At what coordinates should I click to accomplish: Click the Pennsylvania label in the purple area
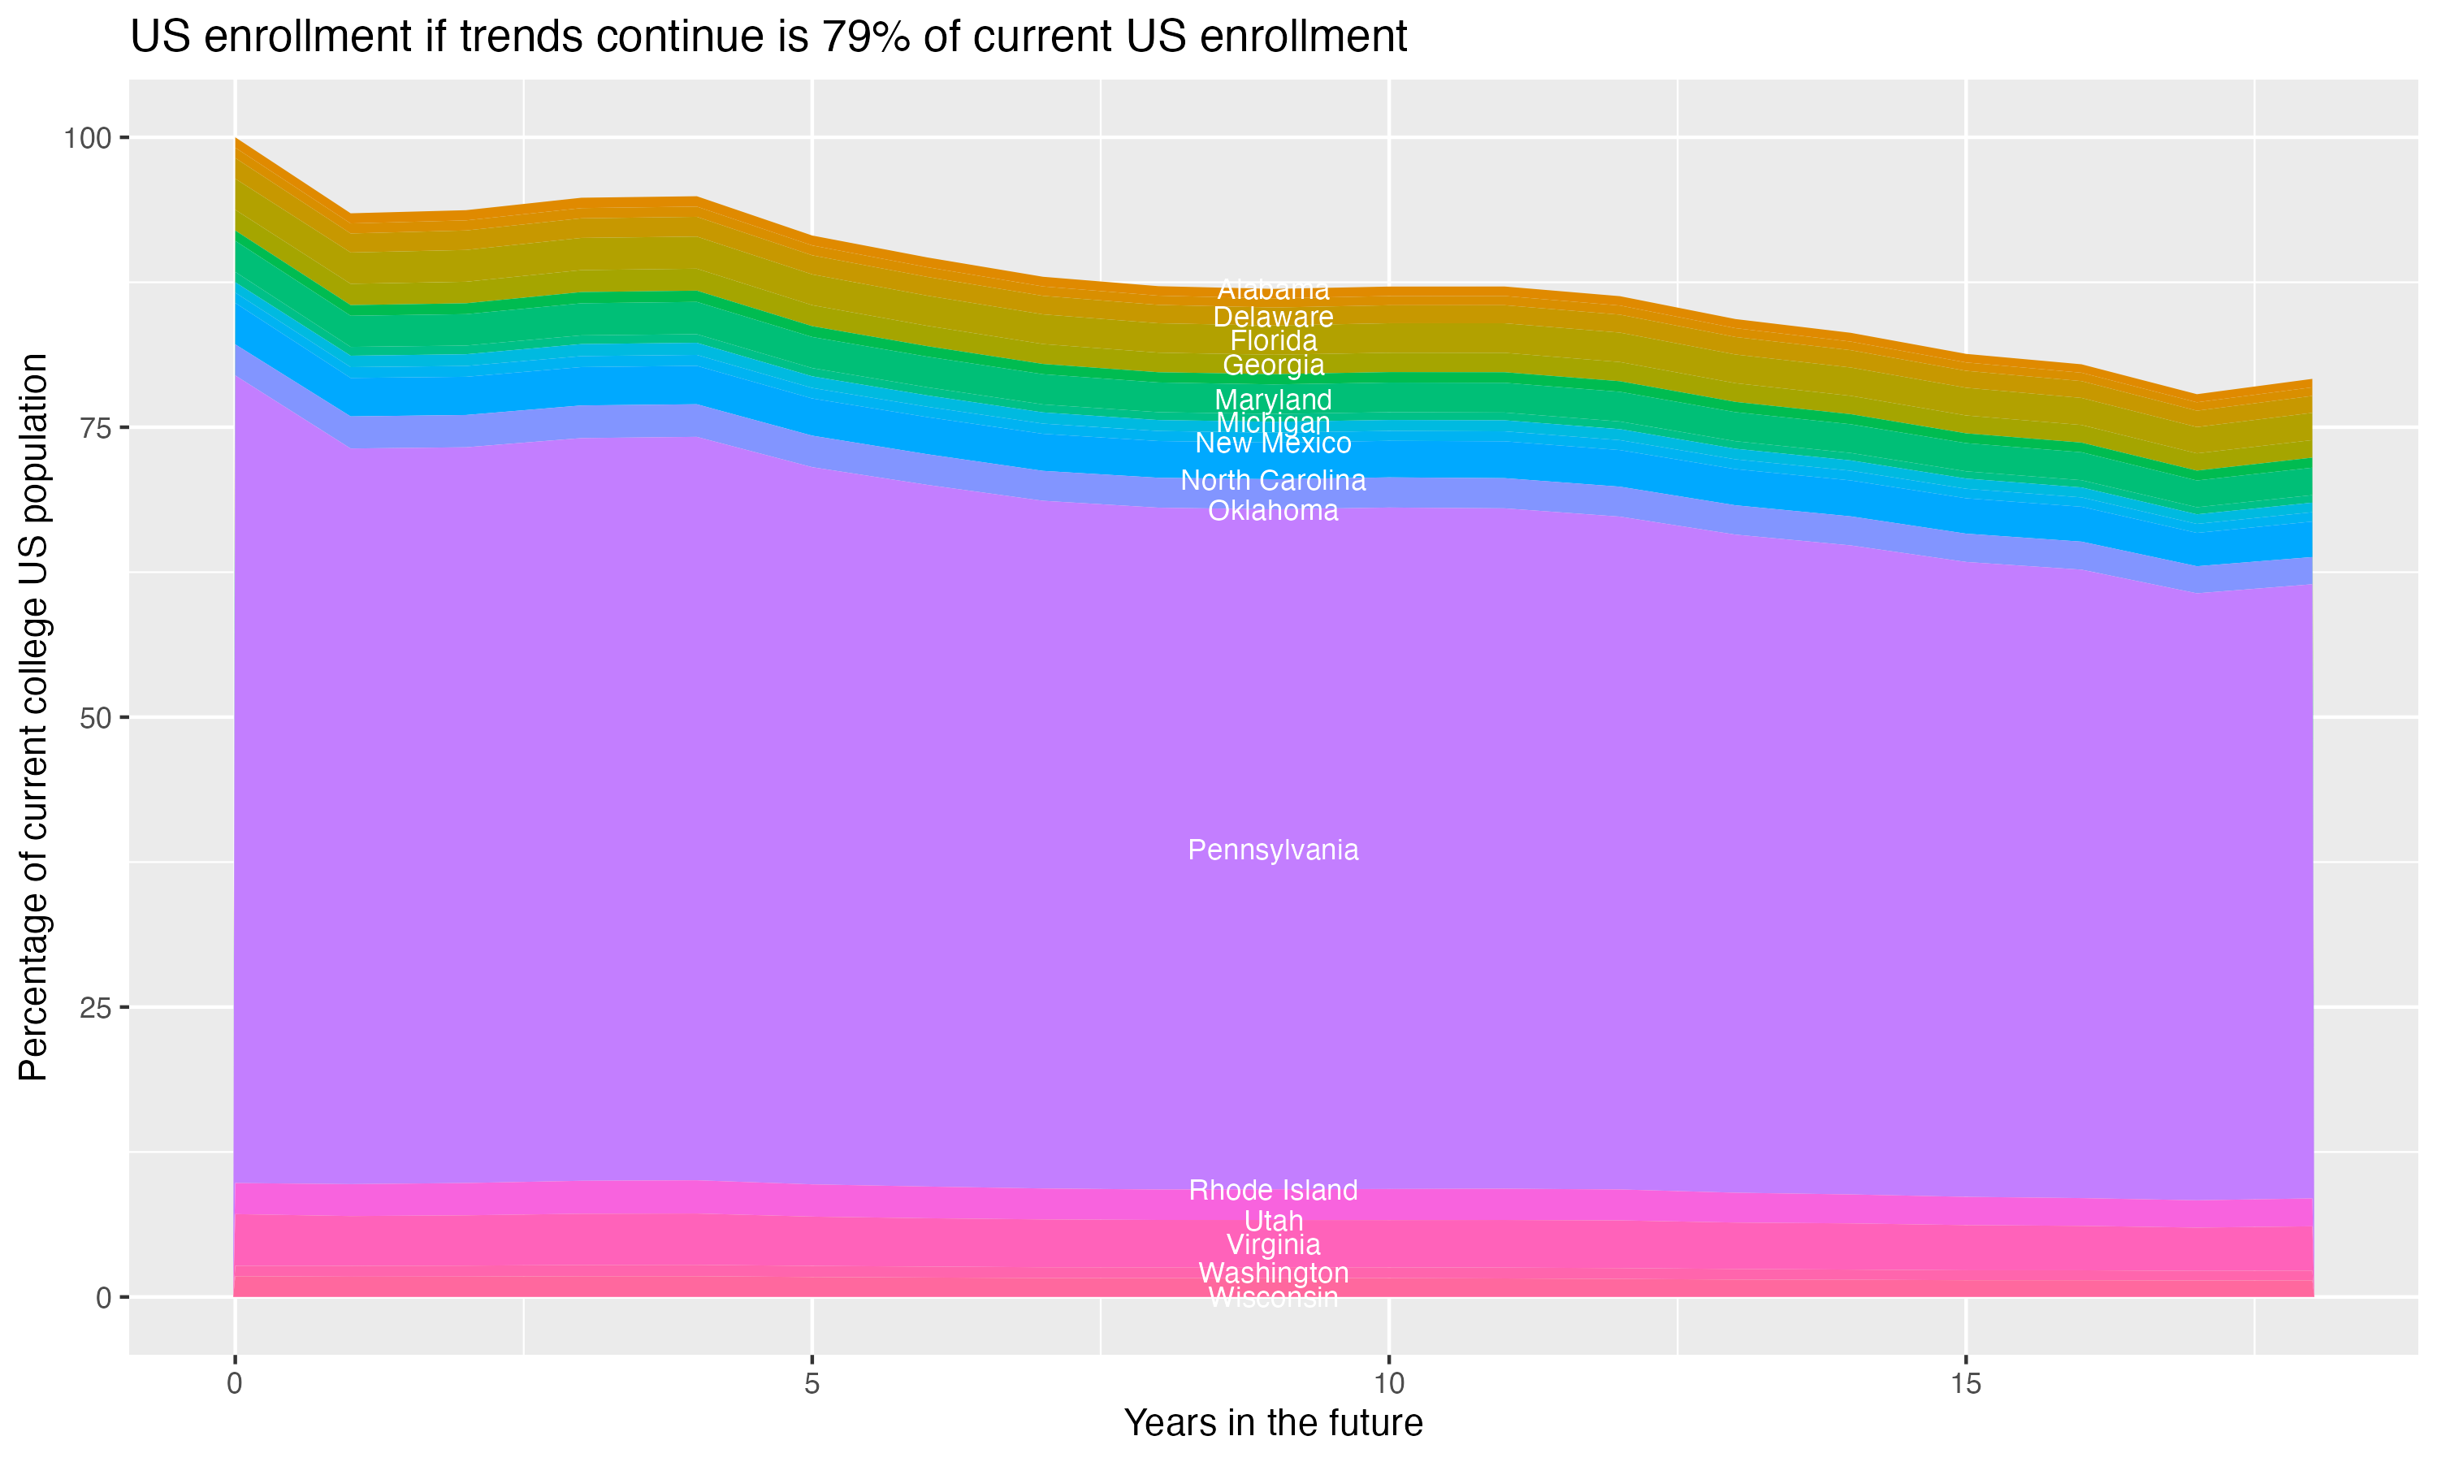[1273, 850]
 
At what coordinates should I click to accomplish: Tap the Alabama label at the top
[1273, 291]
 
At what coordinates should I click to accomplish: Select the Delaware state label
[1273, 318]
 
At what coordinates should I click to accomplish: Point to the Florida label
[1273, 341]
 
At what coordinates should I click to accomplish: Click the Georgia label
[1273, 365]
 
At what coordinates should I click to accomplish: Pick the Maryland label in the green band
[1273, 400]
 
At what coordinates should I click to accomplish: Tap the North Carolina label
[1273, 481]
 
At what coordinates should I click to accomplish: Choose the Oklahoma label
[1273, 510]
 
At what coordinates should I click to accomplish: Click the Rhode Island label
[1273, 1190]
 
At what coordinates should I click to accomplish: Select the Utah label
[1273, 1221]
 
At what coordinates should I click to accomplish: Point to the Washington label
[1273, 1273]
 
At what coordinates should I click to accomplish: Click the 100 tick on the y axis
[87, 138]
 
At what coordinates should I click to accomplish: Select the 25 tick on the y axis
[94, 1007]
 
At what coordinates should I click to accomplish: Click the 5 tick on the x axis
[812, 1384]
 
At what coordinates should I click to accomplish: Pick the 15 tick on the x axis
[1965, 1384]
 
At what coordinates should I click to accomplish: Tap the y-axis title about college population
[33, 717]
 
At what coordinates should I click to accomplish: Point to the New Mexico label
[1273, 443]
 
